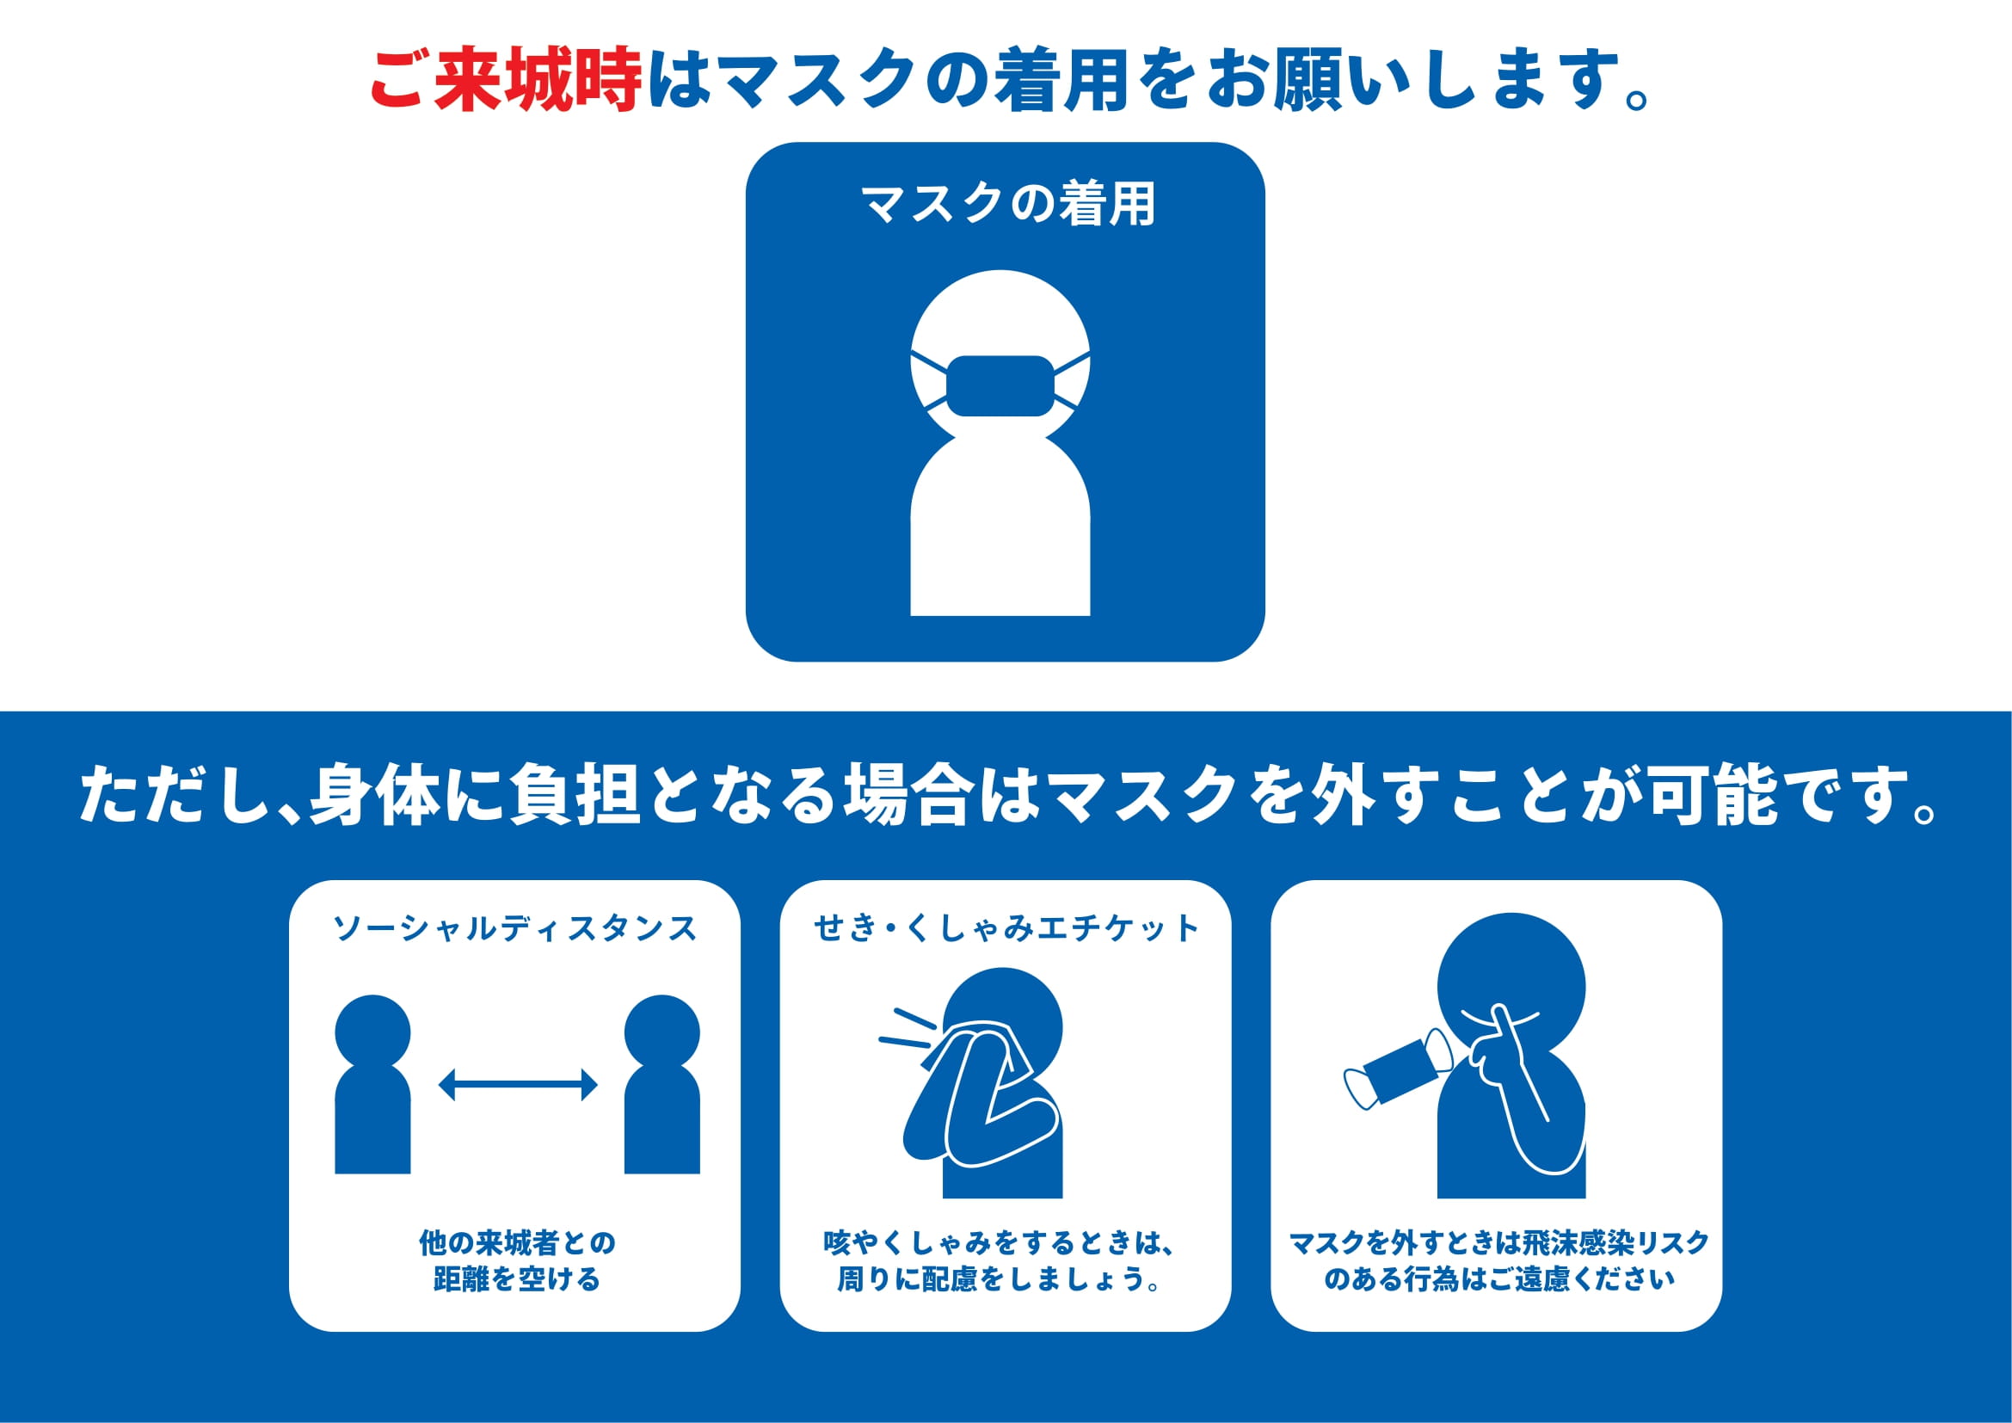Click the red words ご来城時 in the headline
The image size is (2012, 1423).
click(x=506, y=80)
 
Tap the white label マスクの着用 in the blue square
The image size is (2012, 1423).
click(x=1008, y=204)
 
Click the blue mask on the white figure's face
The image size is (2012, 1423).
click(x=1000, y=385)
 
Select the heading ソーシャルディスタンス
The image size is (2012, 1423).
click(x=514, y=929)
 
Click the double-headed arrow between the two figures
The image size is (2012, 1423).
click(x=518, y=1085)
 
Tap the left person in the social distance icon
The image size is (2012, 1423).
click(x=372, y=1085)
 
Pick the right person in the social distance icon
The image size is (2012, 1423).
click(x=661, y=1085)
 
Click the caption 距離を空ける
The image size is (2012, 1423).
click(x=517, y=1279)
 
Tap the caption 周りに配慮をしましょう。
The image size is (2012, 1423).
click(x=1000, y=1279)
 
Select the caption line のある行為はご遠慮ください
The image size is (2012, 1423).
click(x=1499, y=1279)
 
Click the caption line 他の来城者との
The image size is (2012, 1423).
click(x=517, y=1242)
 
